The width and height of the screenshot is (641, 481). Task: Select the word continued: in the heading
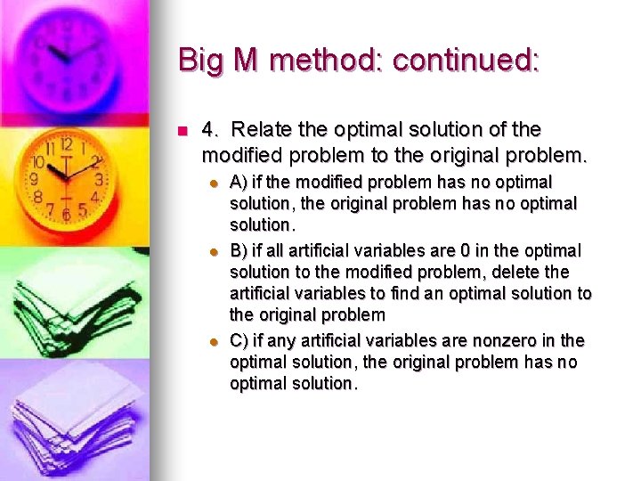(466, 60)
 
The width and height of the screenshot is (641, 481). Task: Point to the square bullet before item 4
(183, 131)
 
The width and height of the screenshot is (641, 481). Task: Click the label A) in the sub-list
(239, 183)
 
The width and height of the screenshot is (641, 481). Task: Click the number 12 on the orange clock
(66, 143)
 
